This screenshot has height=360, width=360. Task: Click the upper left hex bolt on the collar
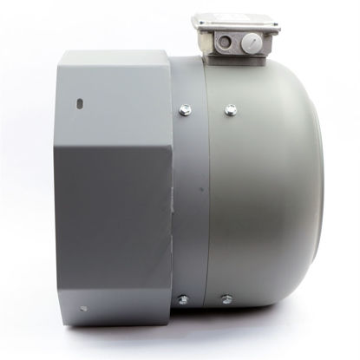(x=184, y=109)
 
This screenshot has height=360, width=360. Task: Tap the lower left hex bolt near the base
(x=183, y=300)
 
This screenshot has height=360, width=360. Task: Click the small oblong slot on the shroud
(x=80, y=102)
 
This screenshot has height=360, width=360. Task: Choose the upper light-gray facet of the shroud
(x=113, y=95)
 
